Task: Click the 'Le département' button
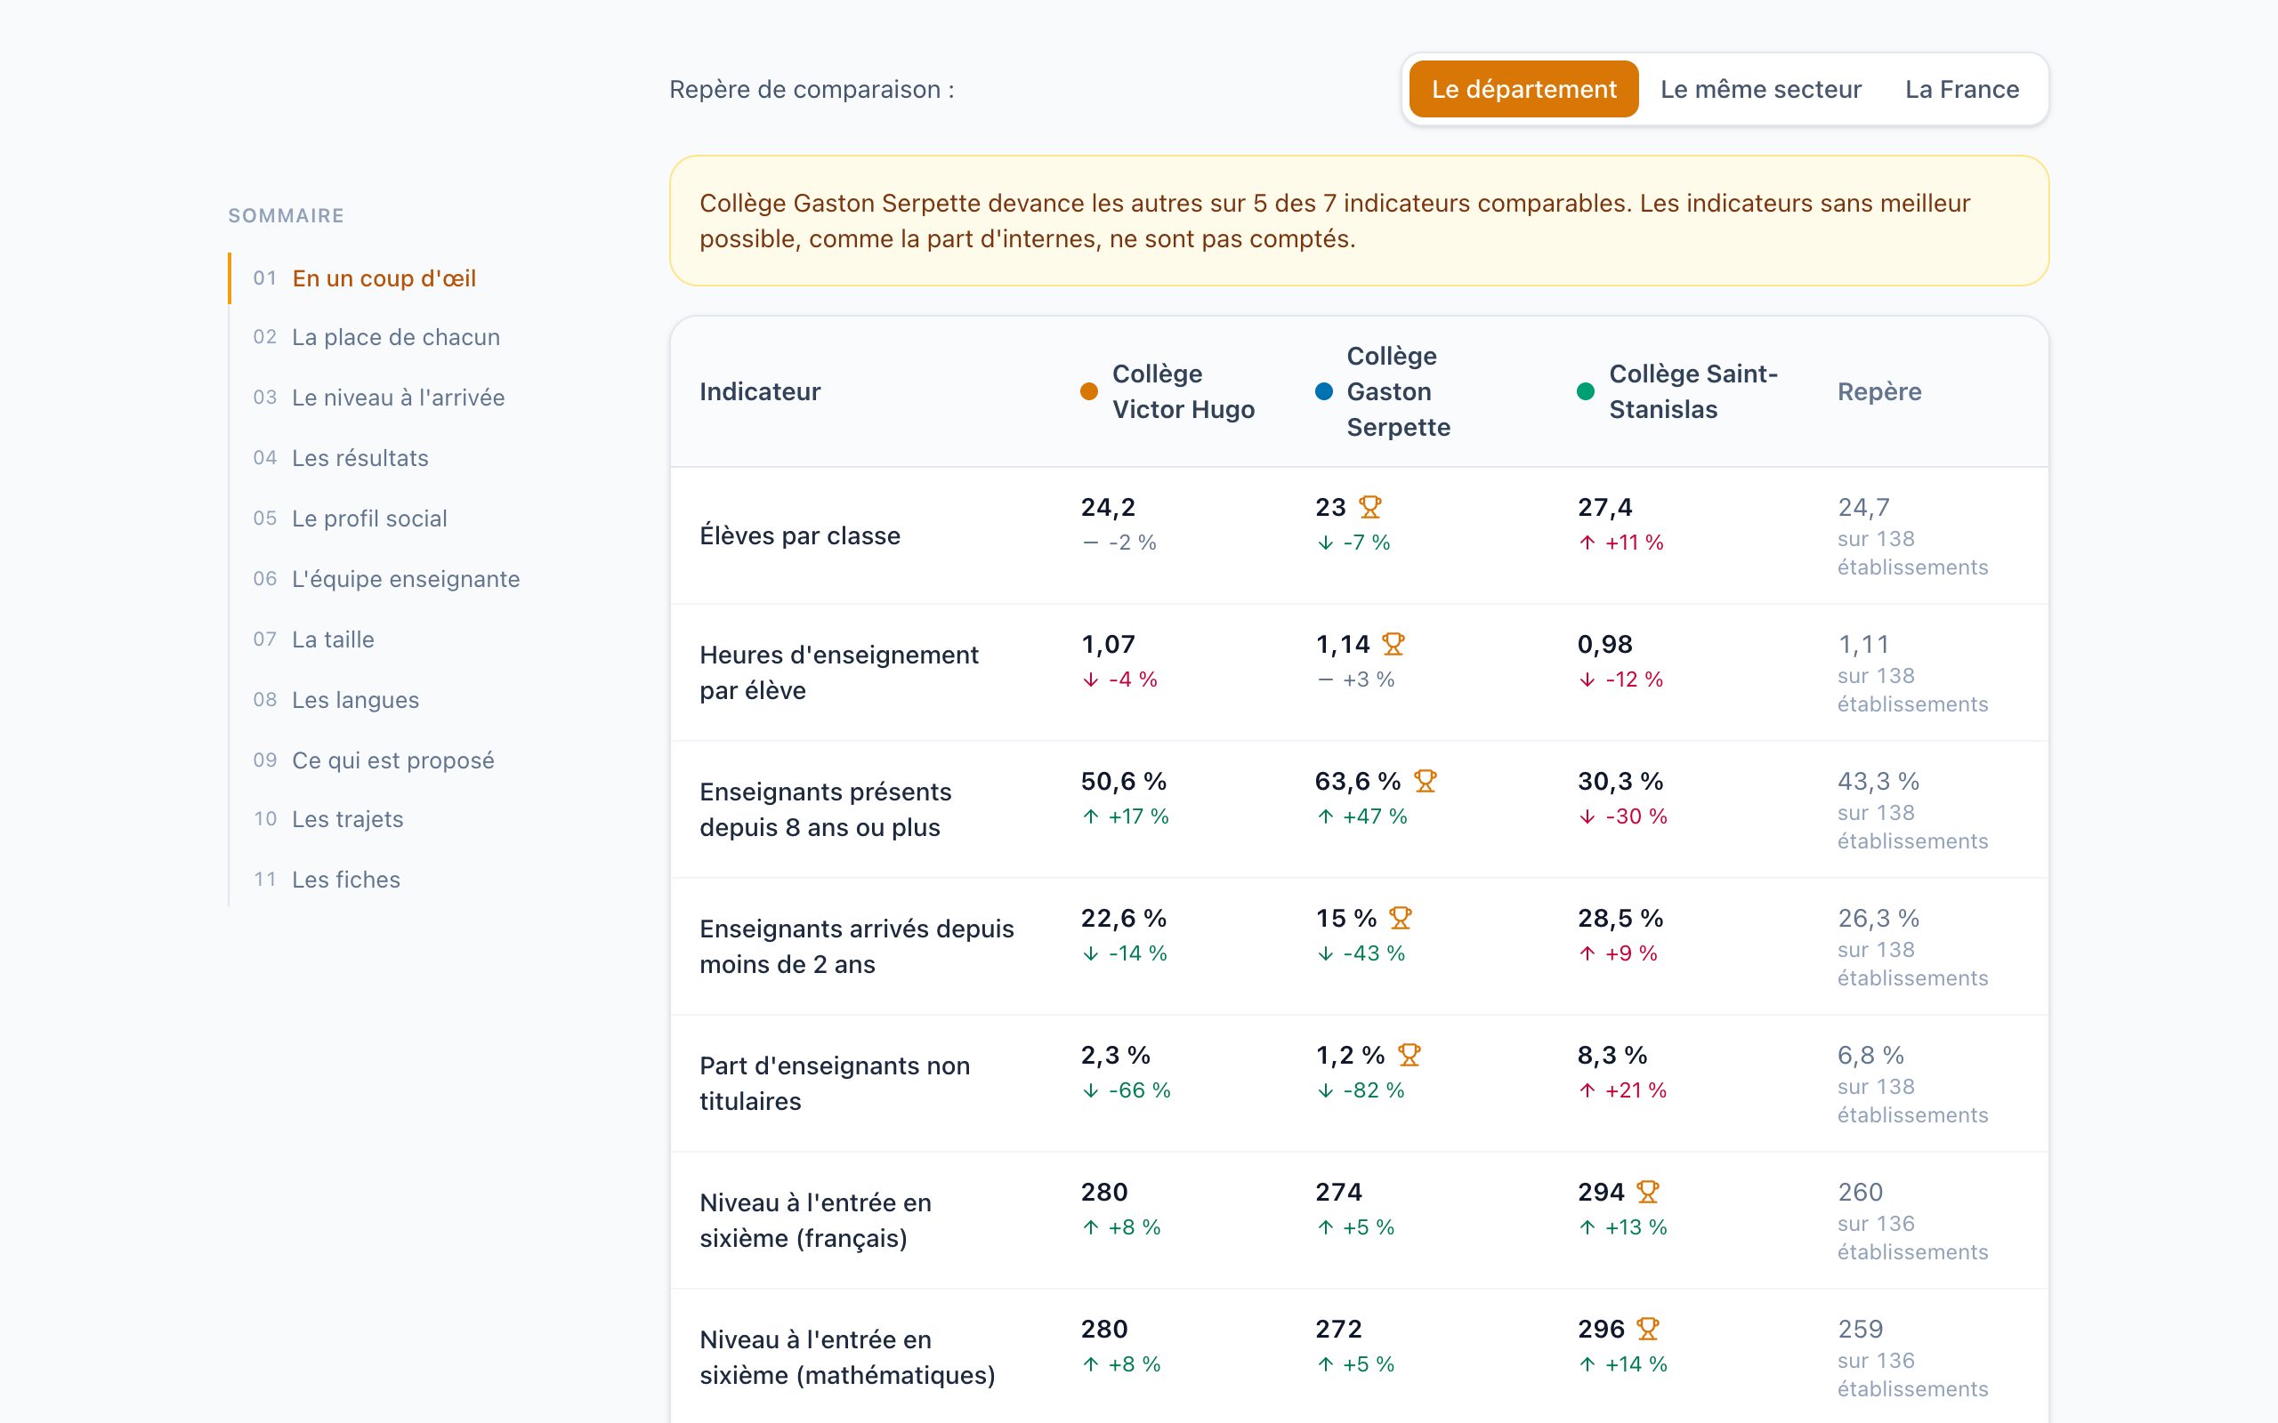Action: [1523, 90]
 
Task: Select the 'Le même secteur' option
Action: [1760, 90]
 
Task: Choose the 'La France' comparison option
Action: [1962, 90]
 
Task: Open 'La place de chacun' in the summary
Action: [395, 337]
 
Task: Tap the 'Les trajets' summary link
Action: [347, 819]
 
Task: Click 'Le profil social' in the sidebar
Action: [369, 519]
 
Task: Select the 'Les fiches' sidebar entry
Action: [345, 879]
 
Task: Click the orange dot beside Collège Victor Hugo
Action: [1089, 391]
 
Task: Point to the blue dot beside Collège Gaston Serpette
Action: [1323, 391]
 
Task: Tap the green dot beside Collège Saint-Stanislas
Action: [1585, 391]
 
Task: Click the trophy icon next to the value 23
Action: [1369, 507]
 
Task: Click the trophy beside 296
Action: [1647, 1329]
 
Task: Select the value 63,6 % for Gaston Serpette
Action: [1357, 781]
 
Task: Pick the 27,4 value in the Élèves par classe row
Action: [1604, 507]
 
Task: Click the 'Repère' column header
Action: [1878, 391]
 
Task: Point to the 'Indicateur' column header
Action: [760, 391]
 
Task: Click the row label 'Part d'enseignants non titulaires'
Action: [834, 1083]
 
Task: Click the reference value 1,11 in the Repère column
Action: [1862, 645]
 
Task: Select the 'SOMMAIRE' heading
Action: [287, 215]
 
